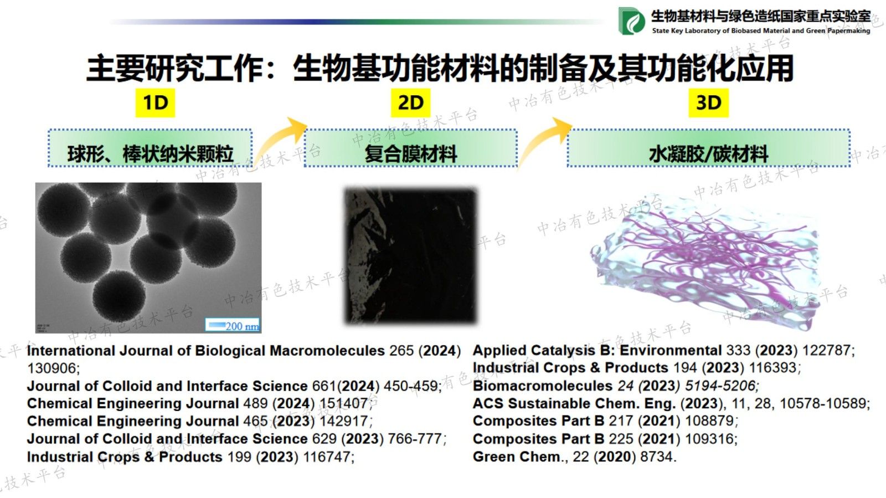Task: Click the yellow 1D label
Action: pyautogui.click(x=155, y=102)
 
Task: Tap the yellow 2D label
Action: pyautogui.click(x=410, y=102)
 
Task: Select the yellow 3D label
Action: pyautogui.click(x=708, y=102)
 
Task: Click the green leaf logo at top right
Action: pyautogui.click(x=631, y=22)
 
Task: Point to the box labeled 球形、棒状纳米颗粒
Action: pyautogui.click(x=150, y=148)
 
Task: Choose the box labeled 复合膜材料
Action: pyautogui.click(x=410, y=148)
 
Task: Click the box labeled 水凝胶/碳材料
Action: pyautogui.click(x=708, y=148)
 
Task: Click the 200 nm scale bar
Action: pyautogui.click(x=233, y=325)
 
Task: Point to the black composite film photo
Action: pyautogui.click(x=410, y=255)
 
